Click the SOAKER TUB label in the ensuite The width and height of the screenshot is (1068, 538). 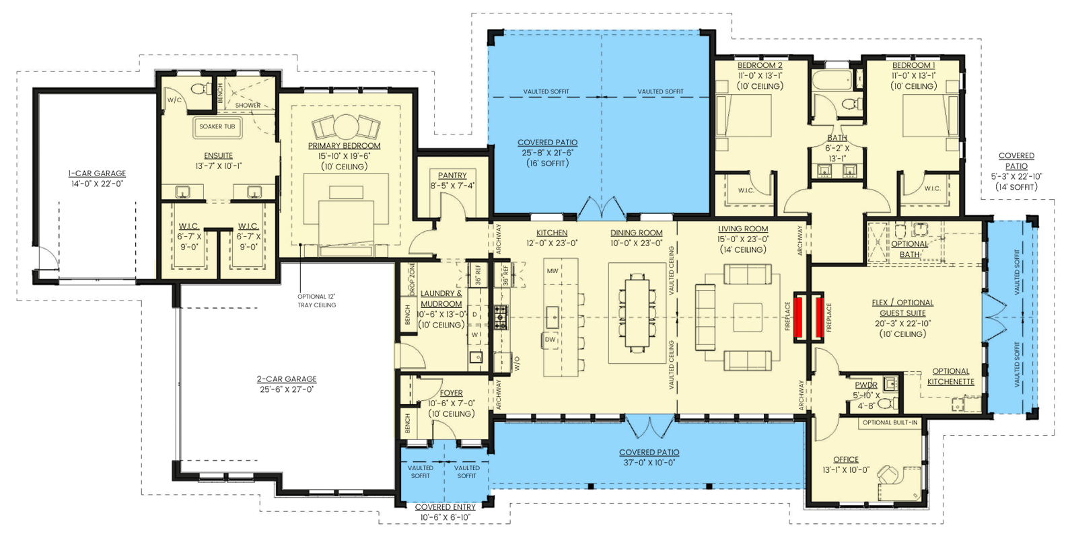pos(217,126)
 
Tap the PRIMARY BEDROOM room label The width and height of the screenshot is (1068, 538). pos(344,146)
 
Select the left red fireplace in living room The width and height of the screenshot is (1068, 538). pos(801,317)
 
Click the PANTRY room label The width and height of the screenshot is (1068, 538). pos(452,175)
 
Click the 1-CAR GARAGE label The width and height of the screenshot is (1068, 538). pos(97,174)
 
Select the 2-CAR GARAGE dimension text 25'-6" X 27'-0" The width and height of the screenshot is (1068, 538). pos(286,389)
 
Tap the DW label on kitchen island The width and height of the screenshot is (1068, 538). pos(550,340)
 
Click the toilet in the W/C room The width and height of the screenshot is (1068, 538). pos(198,88)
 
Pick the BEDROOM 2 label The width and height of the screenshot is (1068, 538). pos(760,65)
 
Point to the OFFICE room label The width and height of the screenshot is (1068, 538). pos(845,460)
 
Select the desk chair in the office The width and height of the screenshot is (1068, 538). pos(888,475)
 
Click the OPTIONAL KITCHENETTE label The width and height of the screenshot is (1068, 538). pos(950,376)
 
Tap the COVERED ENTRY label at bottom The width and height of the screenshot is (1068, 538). pos(445,507)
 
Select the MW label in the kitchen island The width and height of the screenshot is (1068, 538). pos(552,271)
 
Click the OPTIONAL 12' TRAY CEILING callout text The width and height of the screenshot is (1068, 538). pos(316,301)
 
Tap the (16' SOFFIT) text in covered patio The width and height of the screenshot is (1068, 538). pos(547,163)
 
